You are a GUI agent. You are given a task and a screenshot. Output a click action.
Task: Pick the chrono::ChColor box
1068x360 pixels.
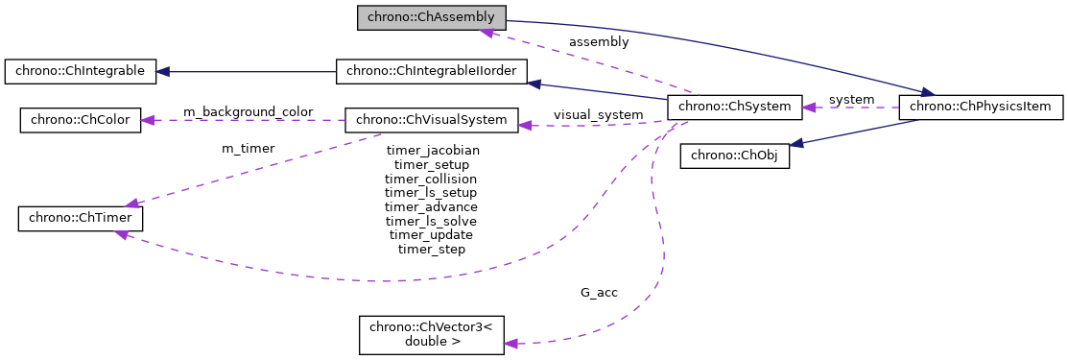click(81, 120)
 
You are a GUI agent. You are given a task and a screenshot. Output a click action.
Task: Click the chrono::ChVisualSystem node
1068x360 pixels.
click(431, 120)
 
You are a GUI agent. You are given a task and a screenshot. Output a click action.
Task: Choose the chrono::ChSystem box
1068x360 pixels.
click(734, 107)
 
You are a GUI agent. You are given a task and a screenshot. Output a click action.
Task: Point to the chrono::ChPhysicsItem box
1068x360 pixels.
click(981, 107)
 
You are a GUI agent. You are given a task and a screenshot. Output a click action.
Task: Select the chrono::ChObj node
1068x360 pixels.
click(734, 156)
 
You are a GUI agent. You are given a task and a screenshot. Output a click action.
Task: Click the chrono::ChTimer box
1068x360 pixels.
click(81, 218)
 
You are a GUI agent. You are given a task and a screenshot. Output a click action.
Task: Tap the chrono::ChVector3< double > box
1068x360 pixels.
click(431, 334)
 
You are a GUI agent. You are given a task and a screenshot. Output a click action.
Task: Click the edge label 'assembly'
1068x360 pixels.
click(599, 42)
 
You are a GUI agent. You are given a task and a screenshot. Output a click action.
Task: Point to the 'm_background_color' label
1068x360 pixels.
click(248, 112)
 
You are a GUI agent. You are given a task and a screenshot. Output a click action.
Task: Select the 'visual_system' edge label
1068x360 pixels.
click(598, 115)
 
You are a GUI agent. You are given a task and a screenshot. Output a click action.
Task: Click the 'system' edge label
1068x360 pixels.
click(851, 100)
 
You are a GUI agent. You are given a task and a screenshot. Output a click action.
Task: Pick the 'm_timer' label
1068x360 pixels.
click(248, 148)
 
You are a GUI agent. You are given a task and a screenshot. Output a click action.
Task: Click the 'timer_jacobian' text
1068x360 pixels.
click(432, 151)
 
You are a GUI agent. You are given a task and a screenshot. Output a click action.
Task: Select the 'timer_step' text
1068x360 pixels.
click(432, 250)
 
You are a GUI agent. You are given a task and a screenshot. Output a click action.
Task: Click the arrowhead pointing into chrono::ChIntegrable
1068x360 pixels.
click(164, 71)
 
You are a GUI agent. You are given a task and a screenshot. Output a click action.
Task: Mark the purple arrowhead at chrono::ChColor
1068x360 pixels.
click(149, 120)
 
